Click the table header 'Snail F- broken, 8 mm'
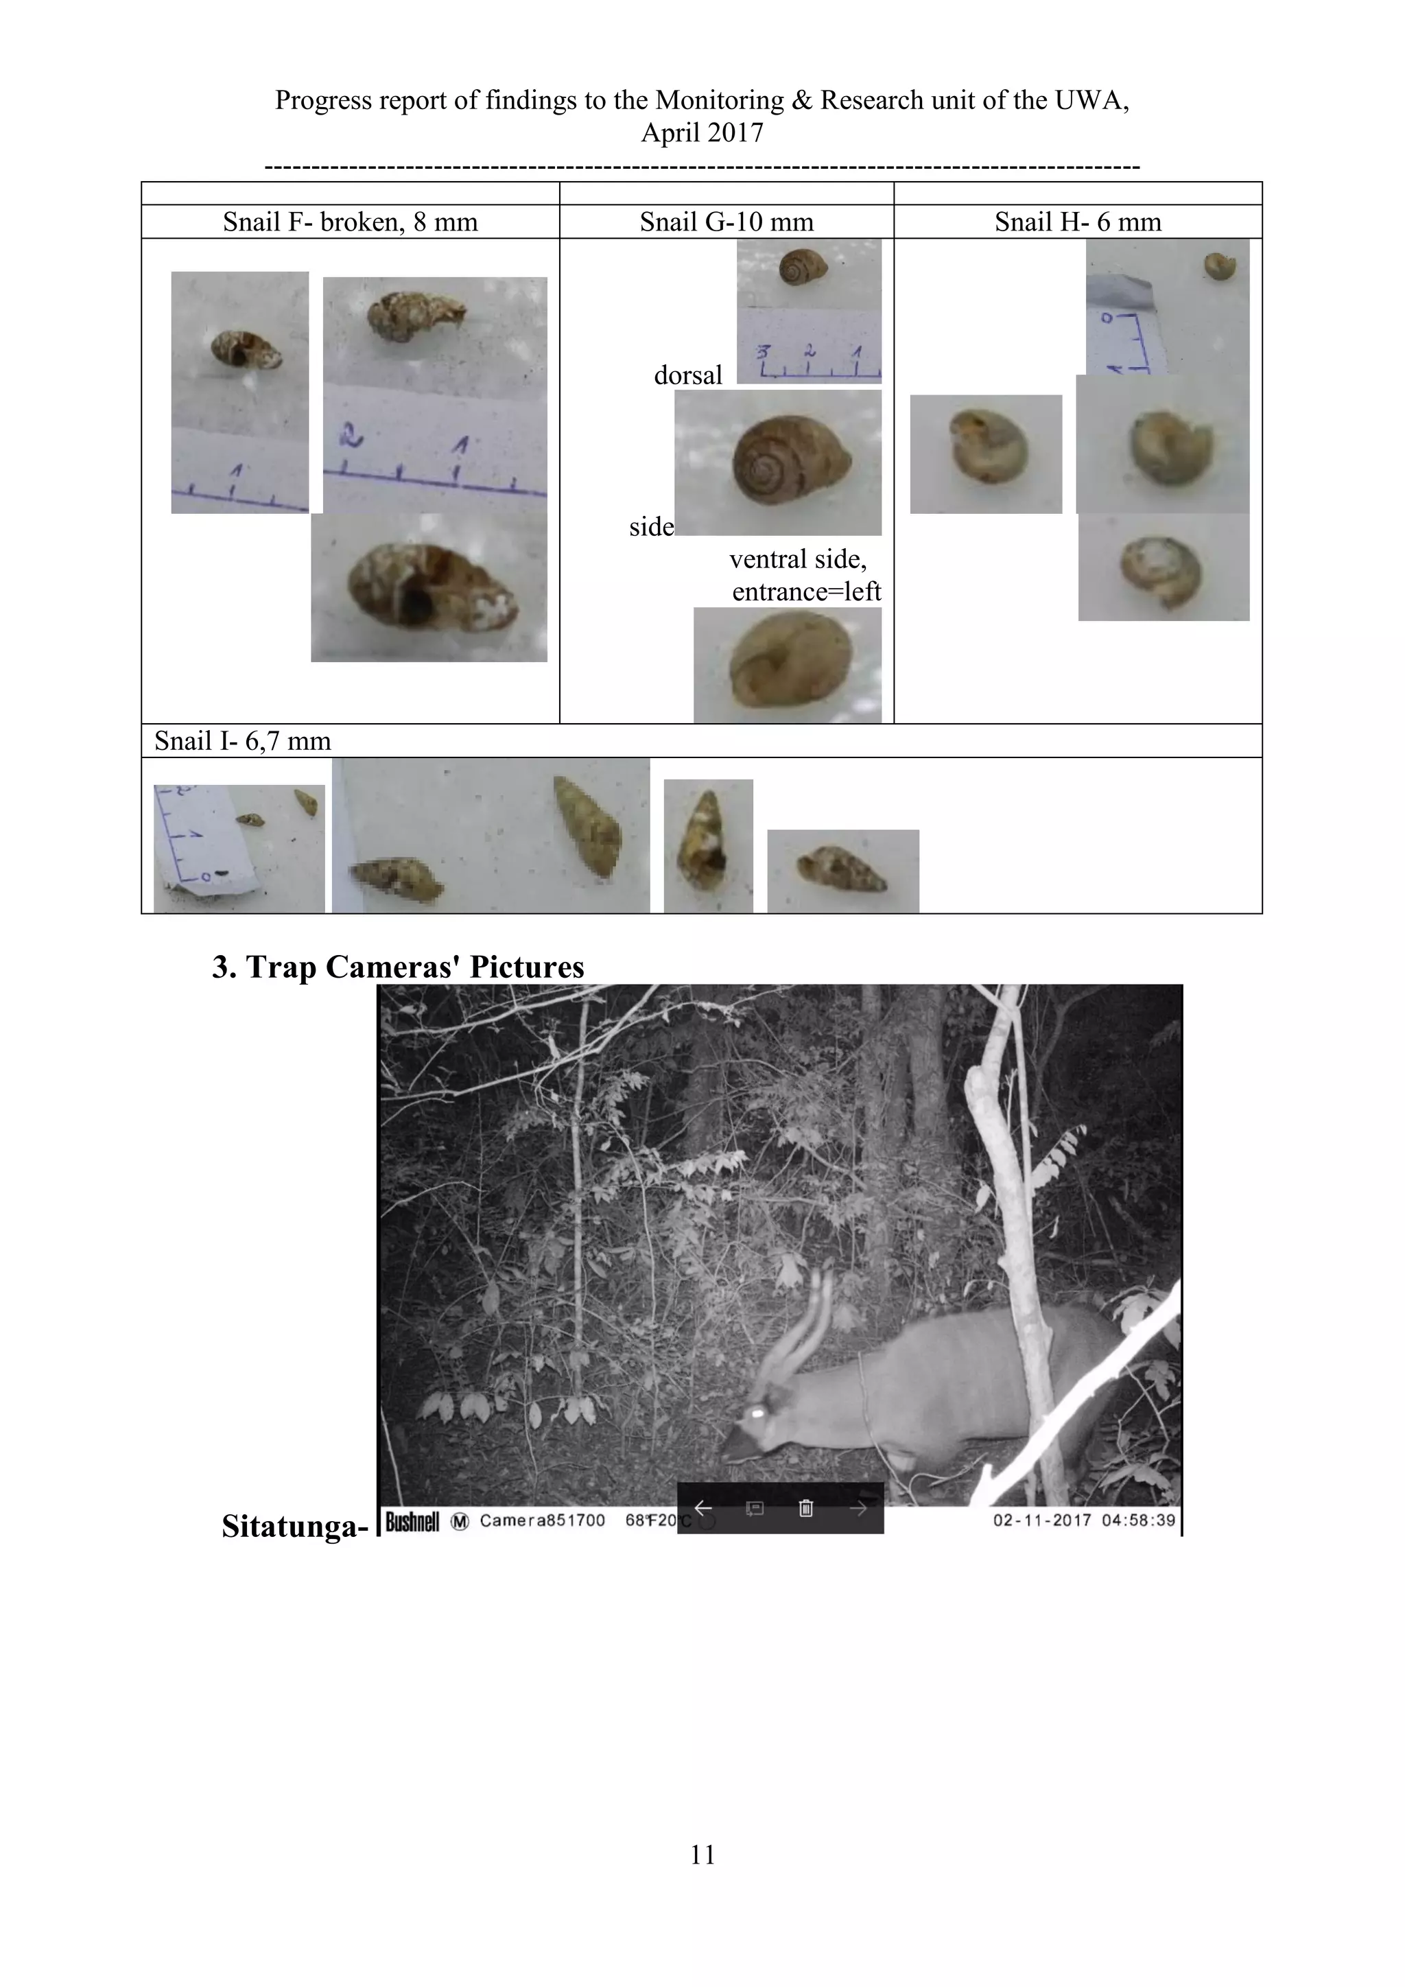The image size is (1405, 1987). coord(351,222)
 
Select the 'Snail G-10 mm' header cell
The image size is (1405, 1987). coord(726,222)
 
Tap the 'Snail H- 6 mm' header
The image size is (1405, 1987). coord(1077,222)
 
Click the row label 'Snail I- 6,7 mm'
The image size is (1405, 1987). coord(242,741)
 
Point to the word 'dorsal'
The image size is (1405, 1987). coord(688,375)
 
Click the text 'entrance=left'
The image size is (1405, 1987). coord(805,592)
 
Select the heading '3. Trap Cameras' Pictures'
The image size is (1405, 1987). coord(398,967)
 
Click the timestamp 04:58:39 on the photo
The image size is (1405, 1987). coord(1139,1520)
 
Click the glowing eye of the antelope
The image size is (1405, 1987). coord(757,1411)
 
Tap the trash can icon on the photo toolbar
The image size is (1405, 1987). coord(805,1508)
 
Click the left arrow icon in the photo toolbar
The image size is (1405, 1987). coord(703,1508)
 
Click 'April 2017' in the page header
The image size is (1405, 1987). coord(702,132)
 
